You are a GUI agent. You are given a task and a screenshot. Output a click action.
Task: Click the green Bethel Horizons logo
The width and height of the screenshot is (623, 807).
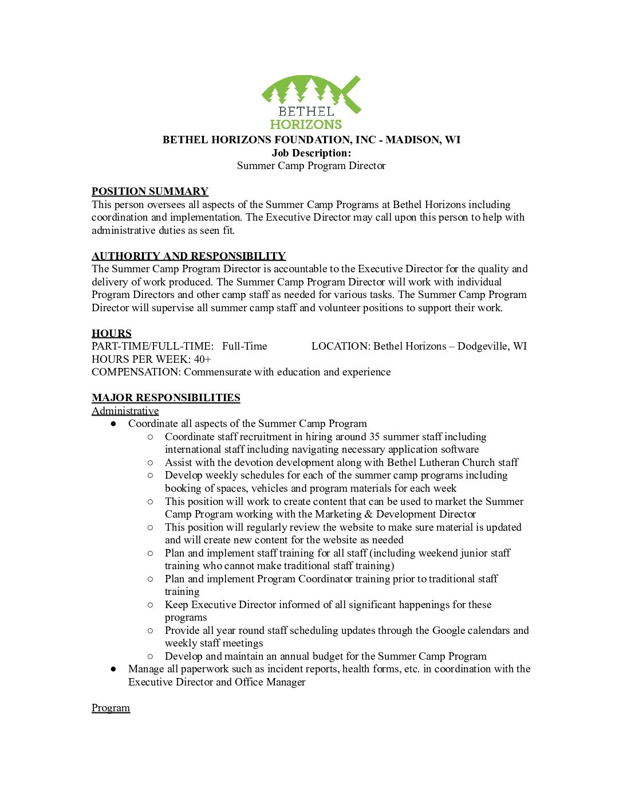pyautogui.click(x=311, y=102)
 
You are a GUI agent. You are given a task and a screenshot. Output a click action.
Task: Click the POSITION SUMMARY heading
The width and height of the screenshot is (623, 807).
pyautogui.click(x=150, y=191)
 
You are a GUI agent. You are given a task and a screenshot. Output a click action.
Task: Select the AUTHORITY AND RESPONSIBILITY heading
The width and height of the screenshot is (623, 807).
pyautogui.click(x=188, y=256)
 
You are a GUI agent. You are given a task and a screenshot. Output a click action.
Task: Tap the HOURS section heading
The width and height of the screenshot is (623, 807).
pyautogui.click(x=112, y=334)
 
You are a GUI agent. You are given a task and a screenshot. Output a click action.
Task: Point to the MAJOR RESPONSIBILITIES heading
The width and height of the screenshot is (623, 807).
pyautogui.click(x=166, y=398)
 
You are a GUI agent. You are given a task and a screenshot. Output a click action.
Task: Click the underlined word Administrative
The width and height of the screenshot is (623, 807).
pyautogui.click(x=125, y=411)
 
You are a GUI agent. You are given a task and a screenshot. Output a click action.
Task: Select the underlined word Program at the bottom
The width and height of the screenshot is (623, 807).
pyautogui.click(x=111, y=708)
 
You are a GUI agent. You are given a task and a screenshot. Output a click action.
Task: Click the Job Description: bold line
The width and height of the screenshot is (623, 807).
pyautogui.click(x=311, y=153)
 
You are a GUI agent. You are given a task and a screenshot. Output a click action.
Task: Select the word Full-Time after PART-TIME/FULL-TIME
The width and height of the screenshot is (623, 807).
pyautogui.click(x=245, y=346)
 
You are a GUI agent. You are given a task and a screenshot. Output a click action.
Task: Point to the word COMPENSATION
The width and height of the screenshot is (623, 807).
pyautogui.click(x=136, y=372)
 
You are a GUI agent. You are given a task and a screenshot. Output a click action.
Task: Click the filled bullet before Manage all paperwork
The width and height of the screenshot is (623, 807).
pyautogui.click(x=114, y=669)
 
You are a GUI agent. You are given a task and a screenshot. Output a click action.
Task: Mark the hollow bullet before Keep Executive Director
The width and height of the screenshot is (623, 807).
pyautogui.click(x=151, y=605)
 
